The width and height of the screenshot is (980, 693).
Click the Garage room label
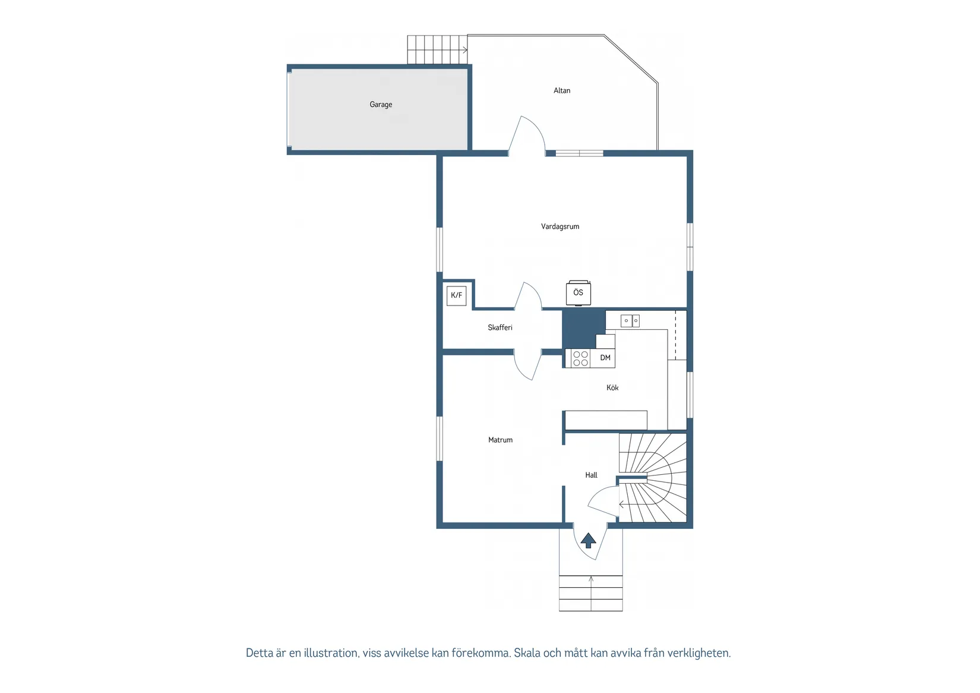[381, 105]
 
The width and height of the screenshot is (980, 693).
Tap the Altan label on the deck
[562, 91]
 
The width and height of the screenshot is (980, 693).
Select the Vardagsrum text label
[559, 226]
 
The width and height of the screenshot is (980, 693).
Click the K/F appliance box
[456, 295]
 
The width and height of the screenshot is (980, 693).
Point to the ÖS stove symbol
[578, 293]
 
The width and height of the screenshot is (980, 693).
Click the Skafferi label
[500, 327]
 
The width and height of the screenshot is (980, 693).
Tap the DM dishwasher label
[605, 358]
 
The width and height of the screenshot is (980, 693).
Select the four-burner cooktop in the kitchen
[580, 358]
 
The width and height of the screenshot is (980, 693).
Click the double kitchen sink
[630, 321]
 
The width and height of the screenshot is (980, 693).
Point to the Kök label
[612, 388]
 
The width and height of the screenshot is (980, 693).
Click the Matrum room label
[500, 440]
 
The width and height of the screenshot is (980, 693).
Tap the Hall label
[591, 475]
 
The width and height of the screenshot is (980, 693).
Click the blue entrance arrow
[588, 540]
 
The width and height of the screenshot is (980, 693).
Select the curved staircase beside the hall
[653, 478]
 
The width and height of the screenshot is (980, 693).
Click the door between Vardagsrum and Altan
[527, 136]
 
